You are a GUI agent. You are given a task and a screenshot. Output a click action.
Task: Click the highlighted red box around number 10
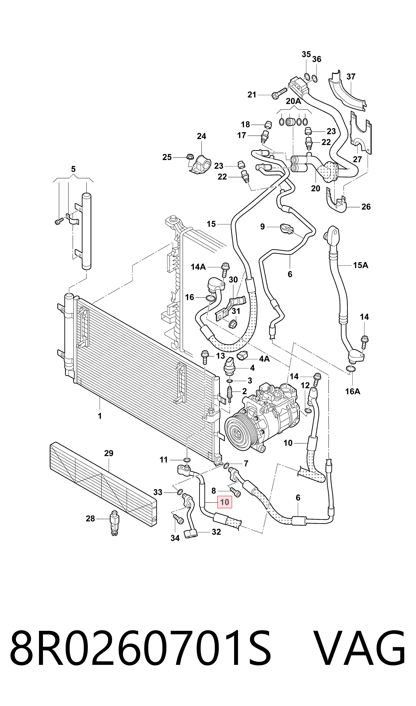click(225, 502)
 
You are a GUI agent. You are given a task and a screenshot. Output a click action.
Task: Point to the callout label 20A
click(293, 101)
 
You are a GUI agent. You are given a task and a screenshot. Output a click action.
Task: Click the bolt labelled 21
click(279, 93)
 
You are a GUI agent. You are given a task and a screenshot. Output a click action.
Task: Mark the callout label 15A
click(360, 265)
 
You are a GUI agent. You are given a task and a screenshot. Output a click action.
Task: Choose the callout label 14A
click(198, 267)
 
